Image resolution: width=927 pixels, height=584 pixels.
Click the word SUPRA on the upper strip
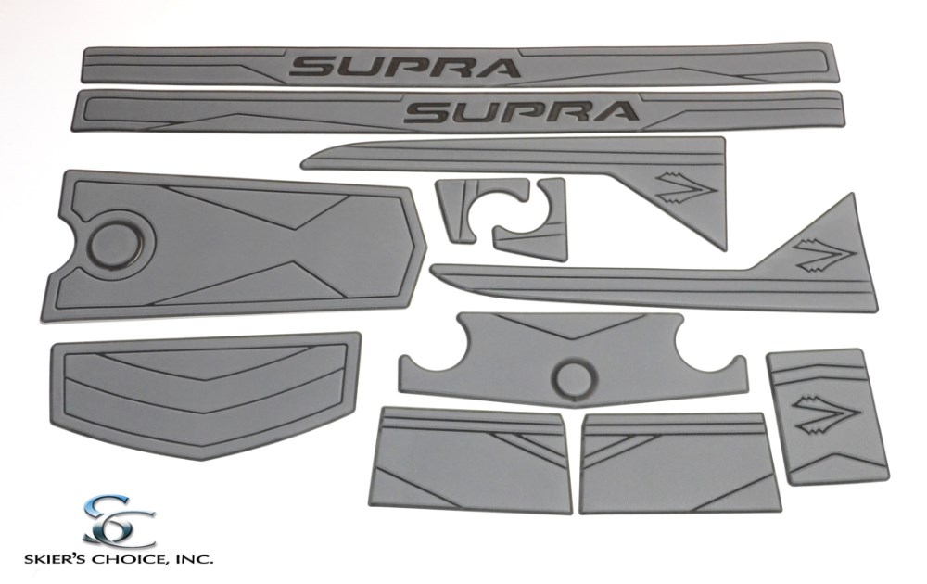pyautogui.click(x=404, y=66)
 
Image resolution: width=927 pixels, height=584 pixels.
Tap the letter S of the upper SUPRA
pyautogui.click(x=312, y=67)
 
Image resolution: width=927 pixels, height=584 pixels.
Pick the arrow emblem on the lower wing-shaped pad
pyautogui.click(x=824, y=255)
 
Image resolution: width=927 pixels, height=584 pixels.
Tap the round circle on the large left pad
pyautogui.click(x=121, y=244)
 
